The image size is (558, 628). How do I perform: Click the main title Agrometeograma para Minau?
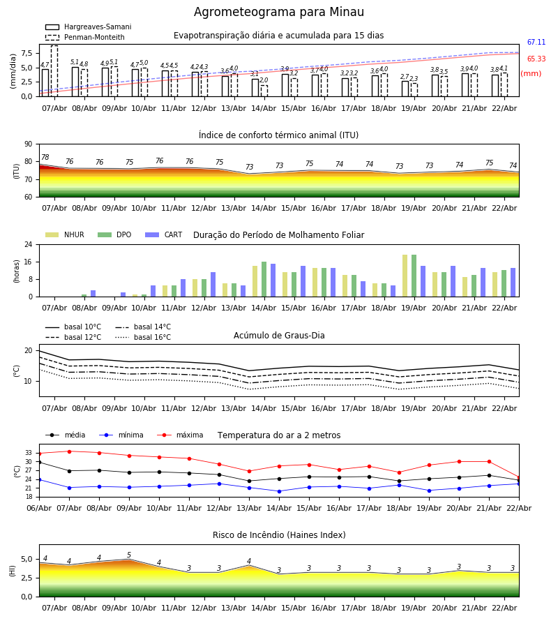click(x=279, y=13)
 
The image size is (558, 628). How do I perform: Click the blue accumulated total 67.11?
click(x=536, y=43)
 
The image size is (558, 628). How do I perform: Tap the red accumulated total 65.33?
click(x=536, y=59)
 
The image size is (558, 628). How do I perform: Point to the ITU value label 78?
click(x=45, y=158)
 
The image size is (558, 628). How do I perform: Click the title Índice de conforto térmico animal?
click(x=278, y=135)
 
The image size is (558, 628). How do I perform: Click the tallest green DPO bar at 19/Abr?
click(x=414, y=276)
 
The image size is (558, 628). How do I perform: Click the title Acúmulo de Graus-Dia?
click(x=279, y=336)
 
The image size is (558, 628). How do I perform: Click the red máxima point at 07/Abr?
click(x=68, y=451)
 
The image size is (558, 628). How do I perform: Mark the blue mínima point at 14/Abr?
click(x=279, y=491)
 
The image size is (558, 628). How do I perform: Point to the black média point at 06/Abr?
click(x=39, y=462)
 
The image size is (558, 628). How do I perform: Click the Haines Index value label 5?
click(x=128, y=555)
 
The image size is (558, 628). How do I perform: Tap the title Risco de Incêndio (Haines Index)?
click(x=279, y=535)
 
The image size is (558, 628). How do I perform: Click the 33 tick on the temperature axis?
click(x=29, y=453)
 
